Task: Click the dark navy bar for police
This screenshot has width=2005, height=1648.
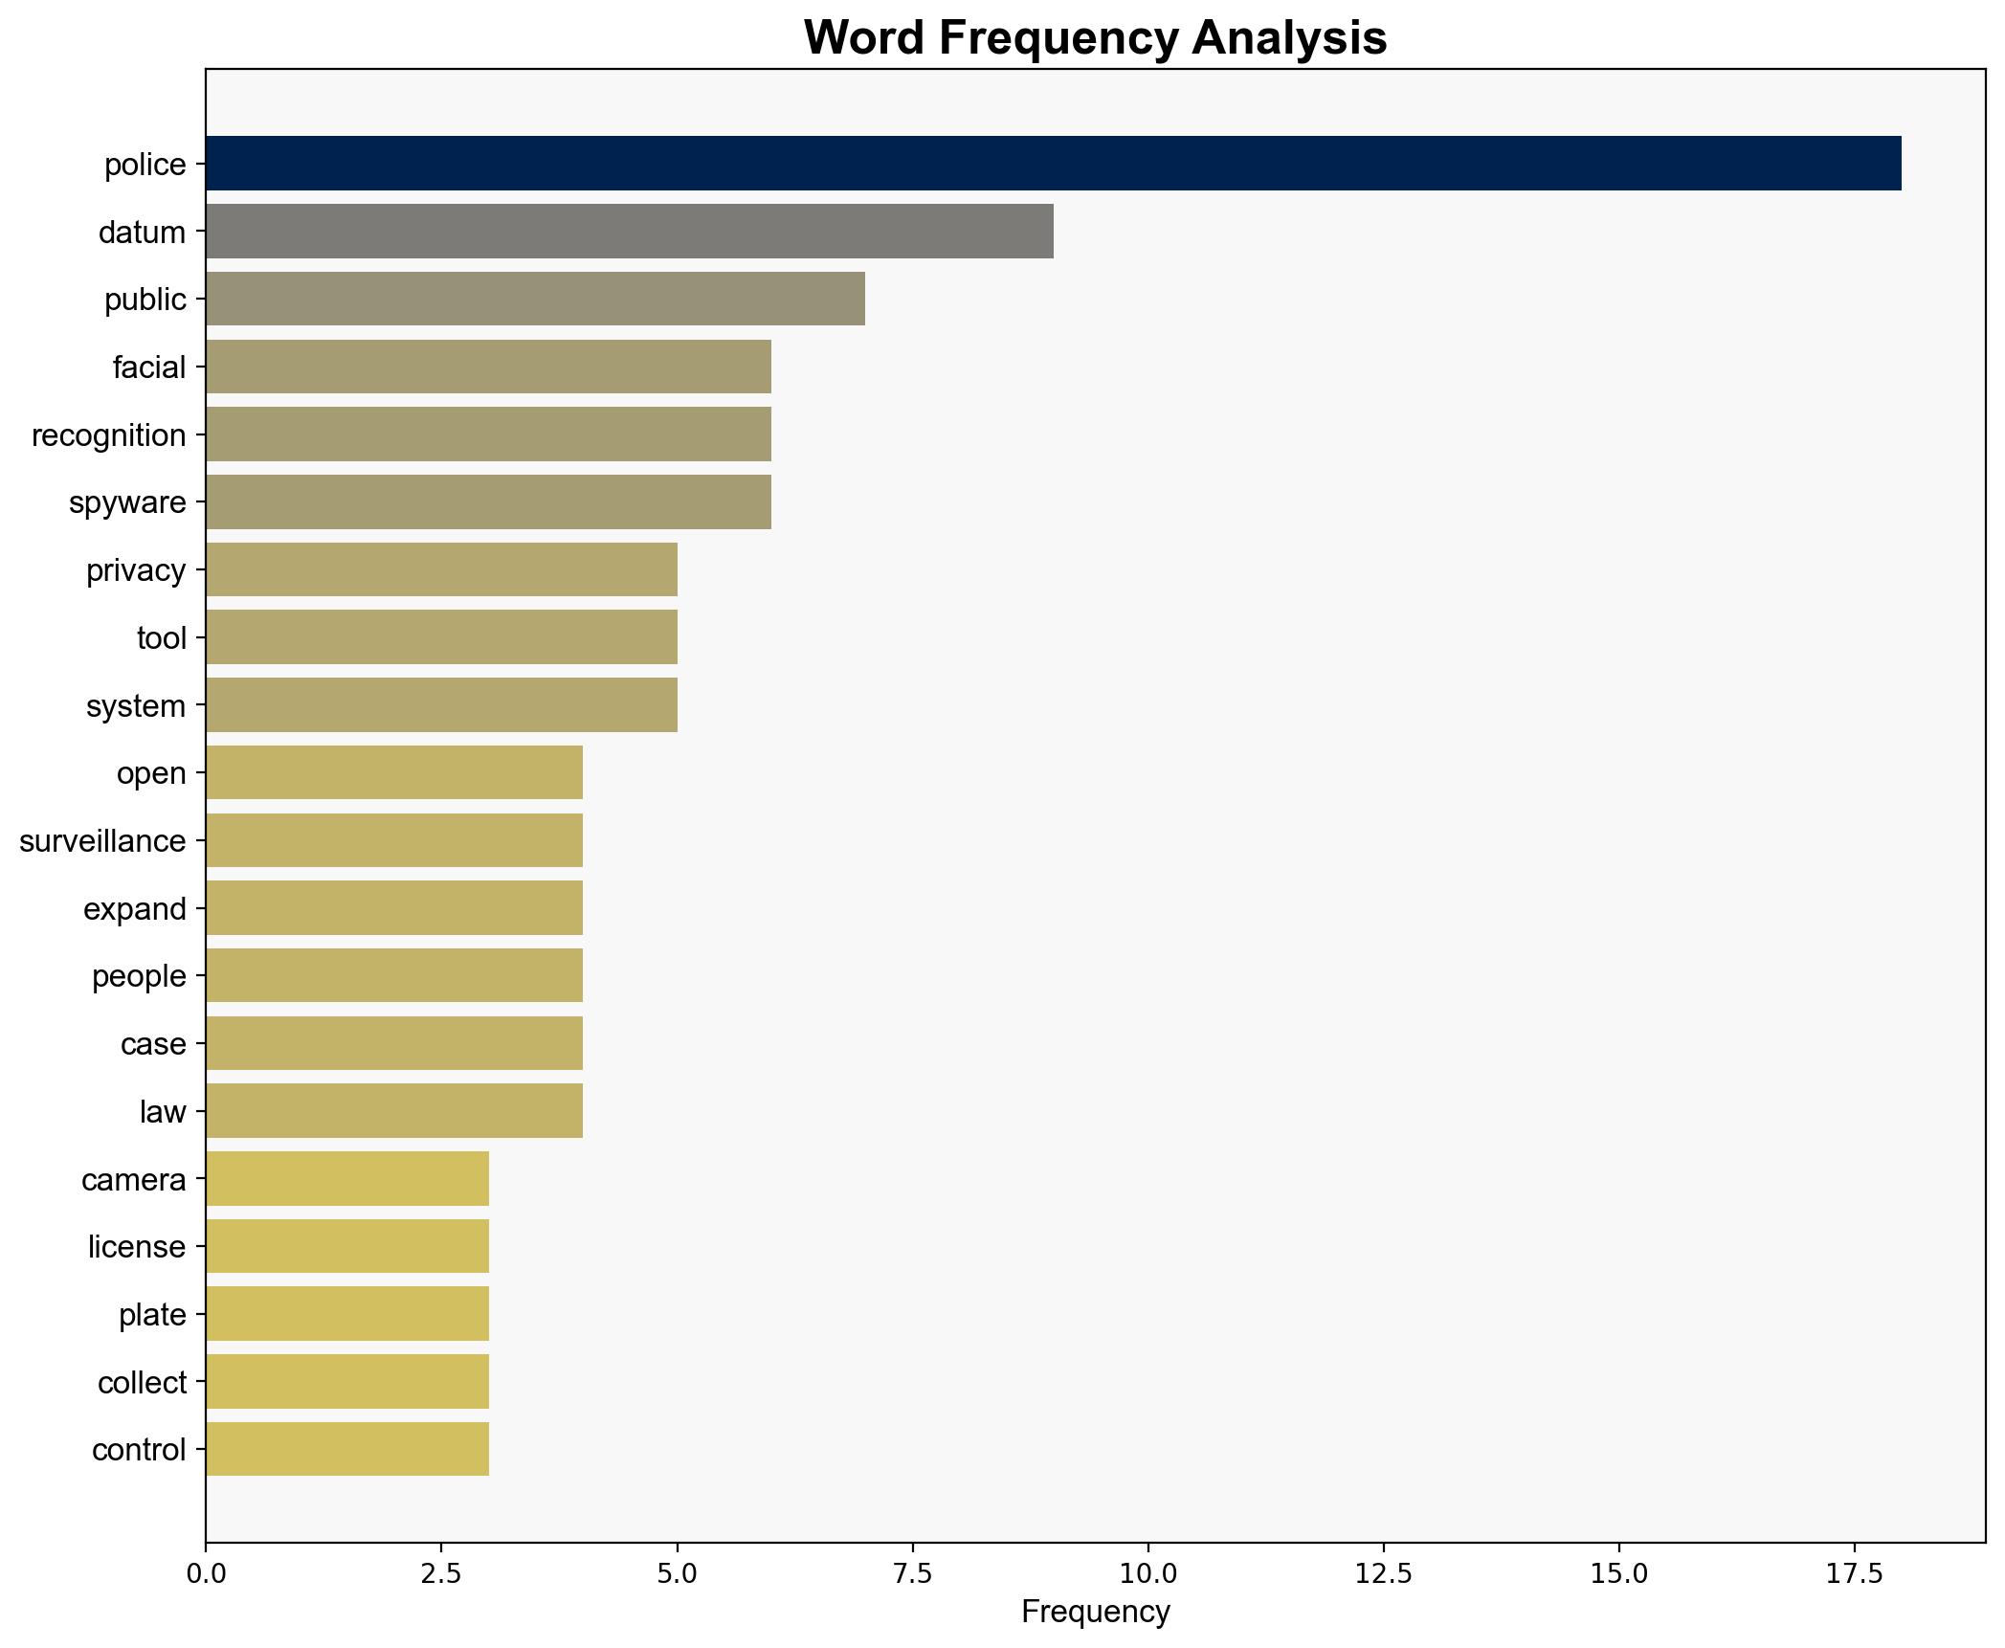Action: pyautogui.click(x=1053, y=164)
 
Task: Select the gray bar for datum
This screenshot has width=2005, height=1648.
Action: pyautogui.click(x=629, y=232)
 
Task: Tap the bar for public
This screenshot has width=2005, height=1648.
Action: pyautogui.click(x=535, y=300)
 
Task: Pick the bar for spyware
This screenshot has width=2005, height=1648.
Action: pyautogui.click(x=488, y=502)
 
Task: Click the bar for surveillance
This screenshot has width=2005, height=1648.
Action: pyautogui.click(x=393, y=841)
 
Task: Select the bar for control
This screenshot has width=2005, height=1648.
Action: pyautogui.click(x=346, y=1450)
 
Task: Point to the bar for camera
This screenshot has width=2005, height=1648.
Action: pyautogui.click(x=346, y=1179)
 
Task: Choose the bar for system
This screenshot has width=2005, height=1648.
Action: pyautogui.click(x=441, y=705)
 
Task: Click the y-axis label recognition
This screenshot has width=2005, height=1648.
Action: pyautogui.click(x=108, y=435)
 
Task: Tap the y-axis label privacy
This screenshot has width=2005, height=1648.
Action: pyautogui.click(x=136, y=570)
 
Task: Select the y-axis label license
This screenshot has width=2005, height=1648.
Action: pyautogui.click(x=136, y=1247)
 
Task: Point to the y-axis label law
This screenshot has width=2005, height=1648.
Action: pyautogui.click(x=163, y=1112)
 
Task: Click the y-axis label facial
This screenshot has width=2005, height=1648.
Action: pyautogui.click(x=148, y=367)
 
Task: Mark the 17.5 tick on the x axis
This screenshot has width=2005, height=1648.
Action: pyautogui.click(x=1855, y=1574)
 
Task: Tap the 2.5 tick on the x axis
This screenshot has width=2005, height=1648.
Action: pyautogui.click(x=441, y=1574)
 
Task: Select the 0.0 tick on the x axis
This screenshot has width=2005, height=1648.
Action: pyautogui.click(x=206, y=1574)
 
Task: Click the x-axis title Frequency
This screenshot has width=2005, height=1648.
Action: pyautogui.click(x=1095, y=1613)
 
